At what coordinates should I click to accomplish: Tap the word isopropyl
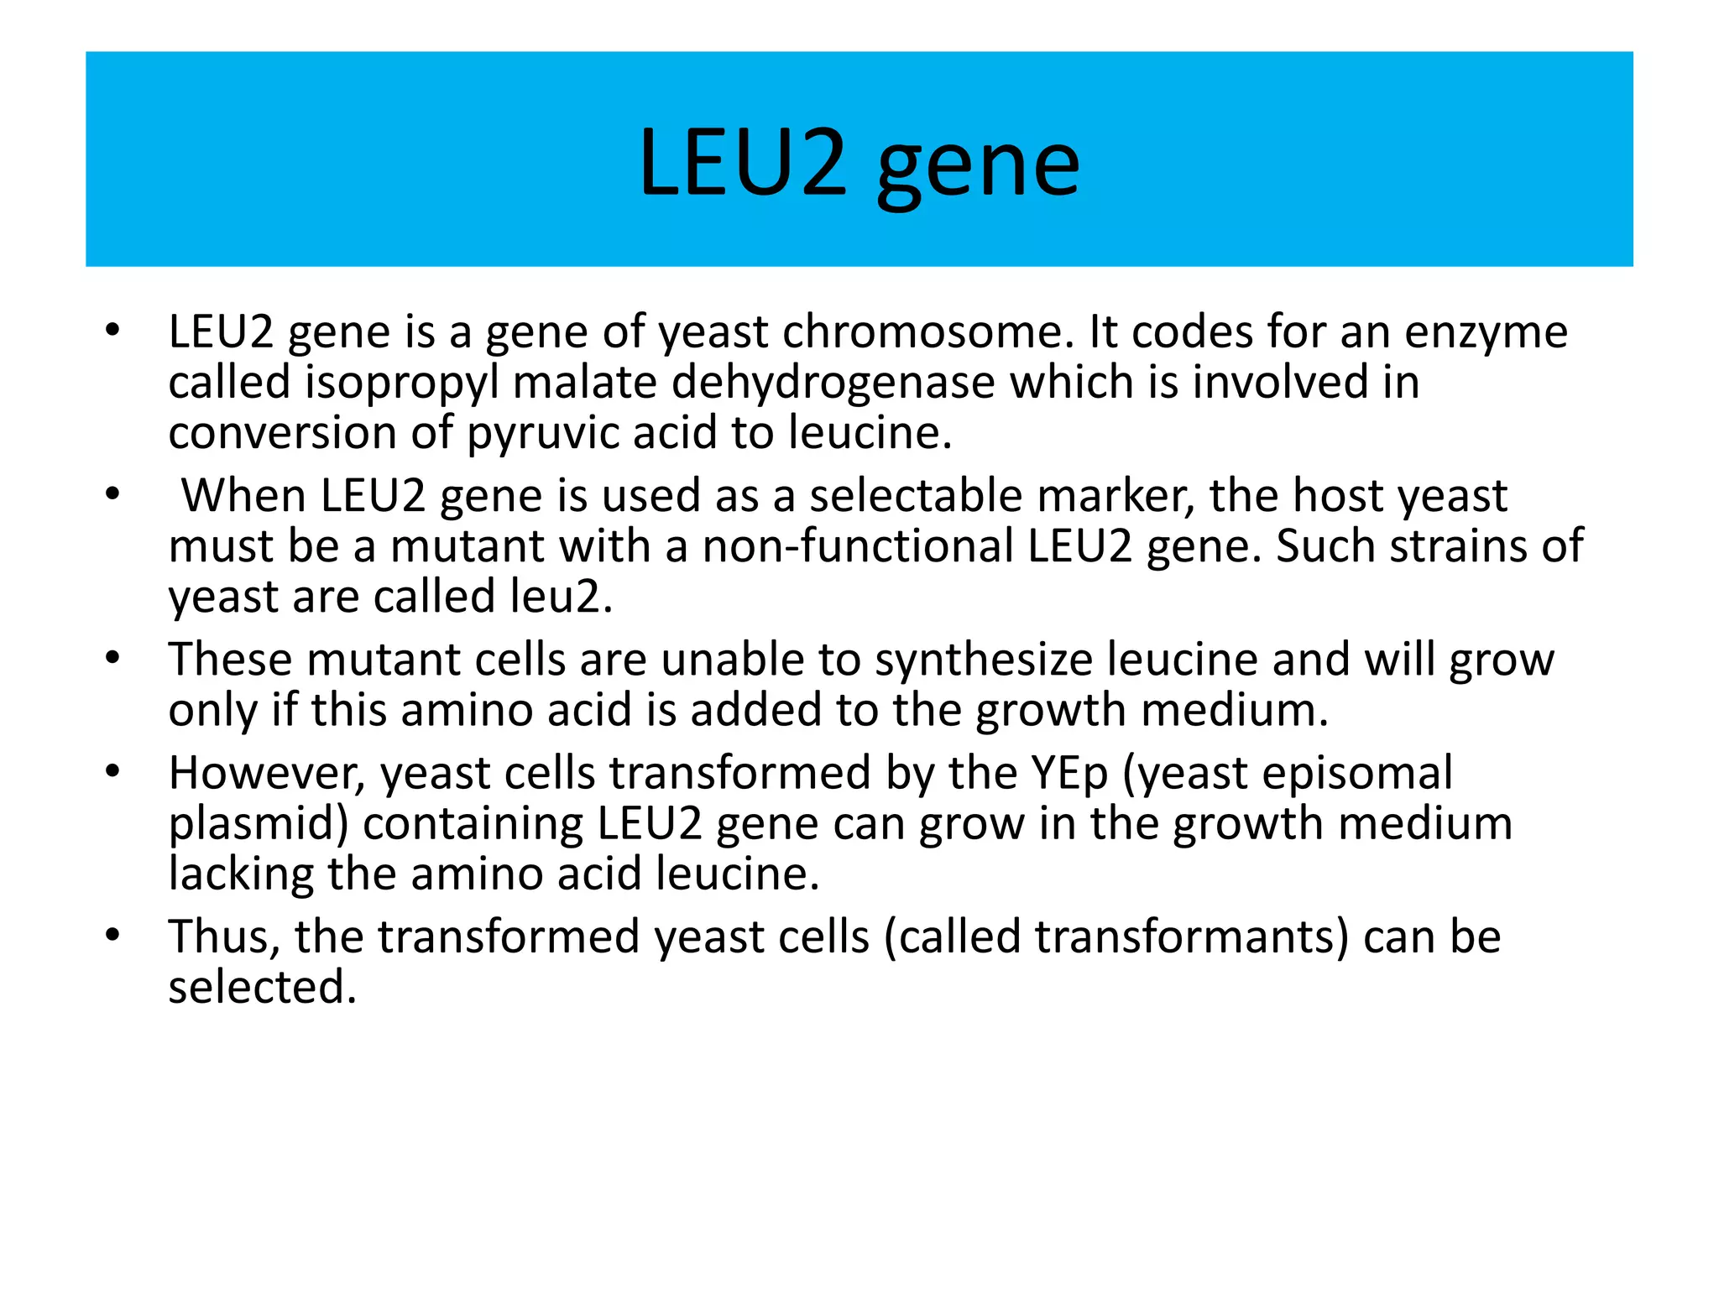pyautogui.click(x=402, y=384)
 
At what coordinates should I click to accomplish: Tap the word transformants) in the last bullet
pyautogui.click(x=1191, y=937)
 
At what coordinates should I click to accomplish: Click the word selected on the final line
pyautogui.click(x=262, y=987)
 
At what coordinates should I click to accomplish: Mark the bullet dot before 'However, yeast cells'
pyautogui.click(x=113, y=771)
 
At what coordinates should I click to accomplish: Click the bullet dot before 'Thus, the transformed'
pyautogui.click(x=113, y=935)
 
